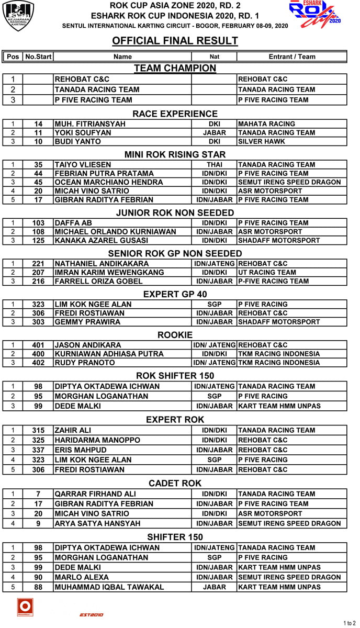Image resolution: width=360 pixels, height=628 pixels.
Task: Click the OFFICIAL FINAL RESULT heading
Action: (175, 41)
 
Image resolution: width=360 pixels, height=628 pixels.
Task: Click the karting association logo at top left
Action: (18, 15)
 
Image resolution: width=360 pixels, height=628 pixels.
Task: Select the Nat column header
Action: (214, 57)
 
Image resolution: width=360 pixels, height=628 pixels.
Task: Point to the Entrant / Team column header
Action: (292, 57)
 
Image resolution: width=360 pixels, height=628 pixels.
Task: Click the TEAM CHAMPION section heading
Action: (175, 68)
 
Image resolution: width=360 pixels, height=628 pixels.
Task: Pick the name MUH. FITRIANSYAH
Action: (90, 124)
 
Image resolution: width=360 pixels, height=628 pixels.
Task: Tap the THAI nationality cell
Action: (214, 165)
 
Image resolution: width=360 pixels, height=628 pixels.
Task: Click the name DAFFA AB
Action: (73, 223)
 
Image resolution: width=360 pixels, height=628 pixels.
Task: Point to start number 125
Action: (38, 241)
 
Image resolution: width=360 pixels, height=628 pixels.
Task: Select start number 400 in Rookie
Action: (38, 354)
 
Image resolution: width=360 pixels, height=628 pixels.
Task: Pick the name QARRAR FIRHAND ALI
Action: (95, 494)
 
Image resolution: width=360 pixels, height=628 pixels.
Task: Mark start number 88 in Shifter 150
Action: (38, 587)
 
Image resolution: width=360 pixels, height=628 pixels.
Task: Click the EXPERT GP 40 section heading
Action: (175, 294)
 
